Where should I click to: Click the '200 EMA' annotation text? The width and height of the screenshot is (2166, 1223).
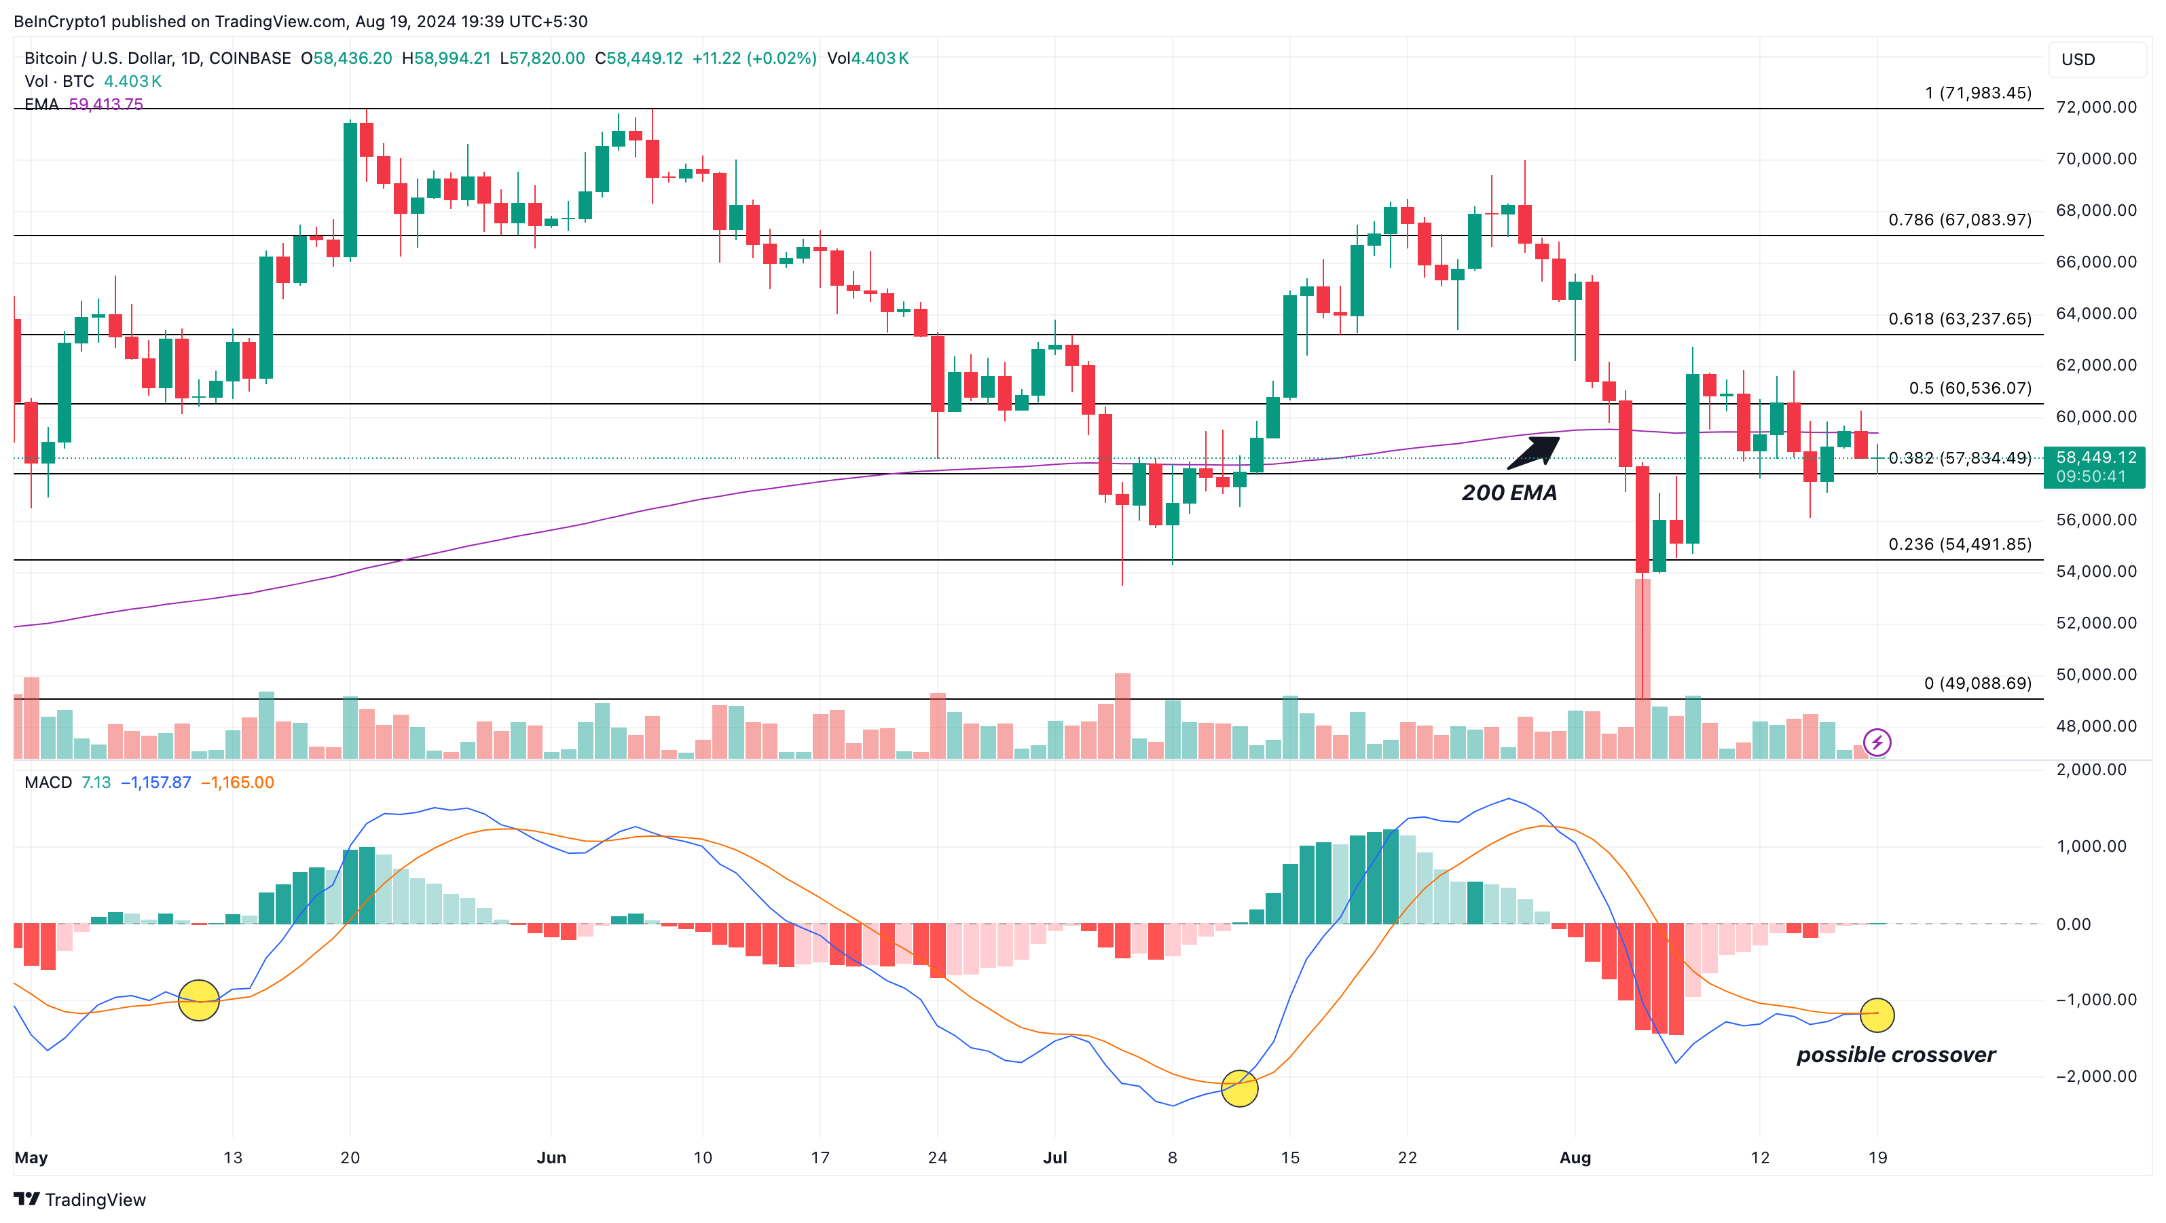pos(1509,493)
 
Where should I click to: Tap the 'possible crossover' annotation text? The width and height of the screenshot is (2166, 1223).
pos(1895,1055)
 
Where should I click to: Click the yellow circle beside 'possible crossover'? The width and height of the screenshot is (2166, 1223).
pos(1877,1015)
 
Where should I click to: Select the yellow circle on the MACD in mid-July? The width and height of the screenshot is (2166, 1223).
pos(1238,1089)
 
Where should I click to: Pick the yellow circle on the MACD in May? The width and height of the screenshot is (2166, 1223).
pos(199,1000)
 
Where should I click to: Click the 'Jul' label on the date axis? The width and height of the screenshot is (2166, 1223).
pos(1054,1157)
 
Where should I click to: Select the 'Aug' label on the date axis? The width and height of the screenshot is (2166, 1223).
pos(1575,1157)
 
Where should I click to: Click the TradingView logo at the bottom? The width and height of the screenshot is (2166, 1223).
pos(80,1199)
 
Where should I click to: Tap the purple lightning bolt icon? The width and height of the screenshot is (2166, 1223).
pos(1877,742)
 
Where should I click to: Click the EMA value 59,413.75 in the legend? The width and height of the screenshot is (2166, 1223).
pos(106,105)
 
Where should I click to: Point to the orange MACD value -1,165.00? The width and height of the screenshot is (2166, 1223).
pos(237,783)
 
